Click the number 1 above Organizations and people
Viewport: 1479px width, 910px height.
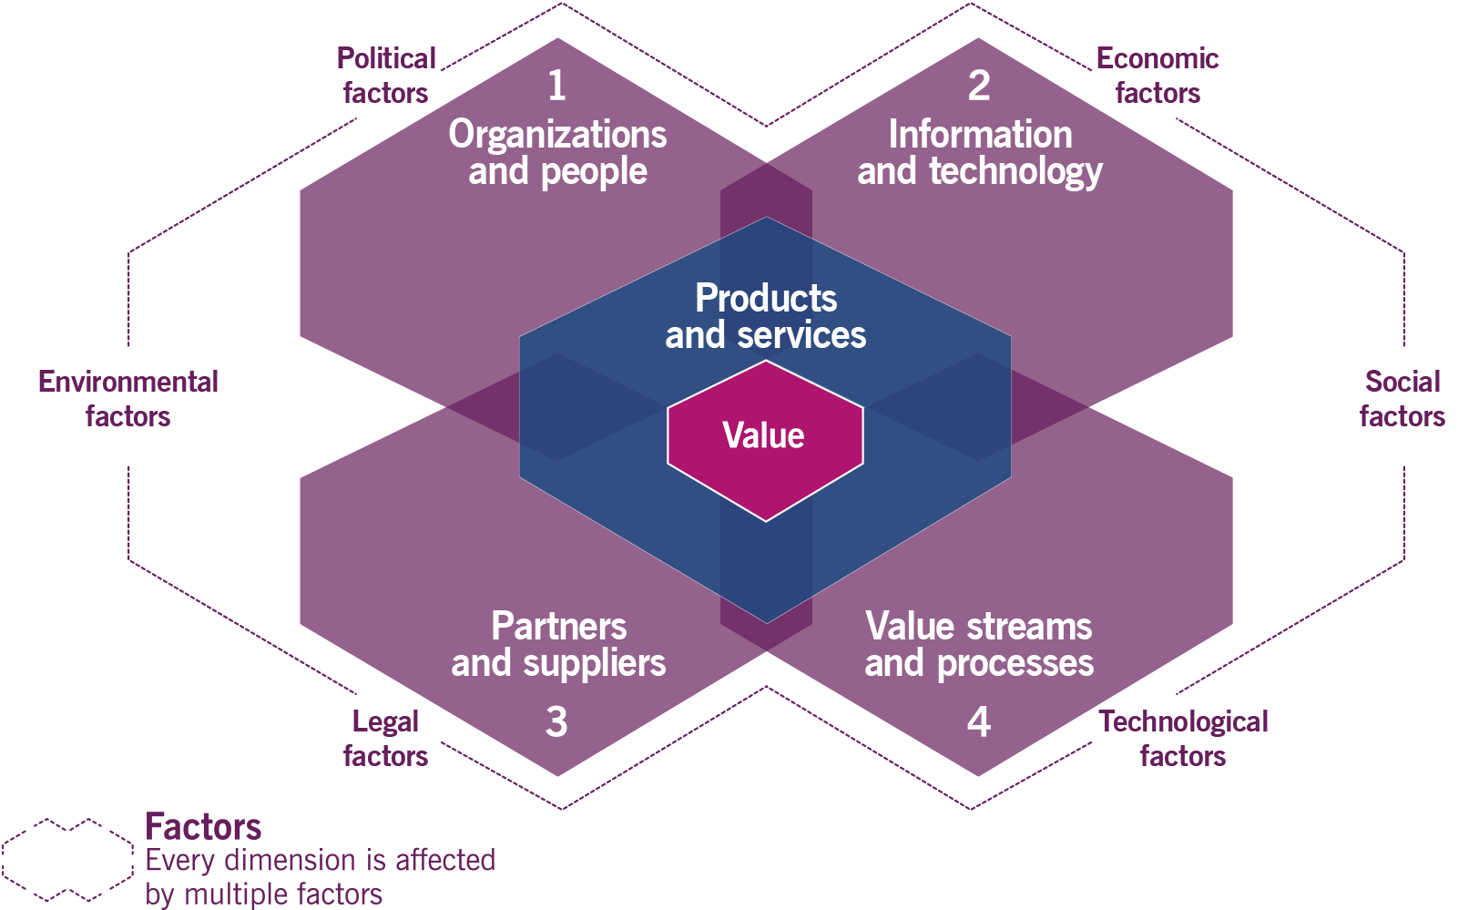point(556,86)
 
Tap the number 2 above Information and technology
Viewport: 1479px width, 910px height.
point(979,86)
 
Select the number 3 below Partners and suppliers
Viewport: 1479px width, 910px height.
point(556,721)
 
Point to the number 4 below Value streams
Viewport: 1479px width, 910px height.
point(979,721)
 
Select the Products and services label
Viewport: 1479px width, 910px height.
point(766,316)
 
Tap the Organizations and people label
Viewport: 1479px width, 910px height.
point(557,153)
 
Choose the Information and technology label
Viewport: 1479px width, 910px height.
point(980,153)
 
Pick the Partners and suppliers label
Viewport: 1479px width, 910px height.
point(558,645)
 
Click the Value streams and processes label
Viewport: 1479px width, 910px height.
point(979,645)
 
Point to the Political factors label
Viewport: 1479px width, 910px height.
point(386,76)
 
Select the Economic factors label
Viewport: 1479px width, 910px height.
point(1158,76)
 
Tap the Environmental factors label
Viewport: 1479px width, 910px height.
point(128,399)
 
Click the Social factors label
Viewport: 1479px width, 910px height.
point(1402,399)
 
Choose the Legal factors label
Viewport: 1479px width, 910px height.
point(385,739)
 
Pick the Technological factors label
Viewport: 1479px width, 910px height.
point(1183,739)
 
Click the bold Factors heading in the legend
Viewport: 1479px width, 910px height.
point(203,827)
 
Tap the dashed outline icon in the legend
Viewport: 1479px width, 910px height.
point(68,856)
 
